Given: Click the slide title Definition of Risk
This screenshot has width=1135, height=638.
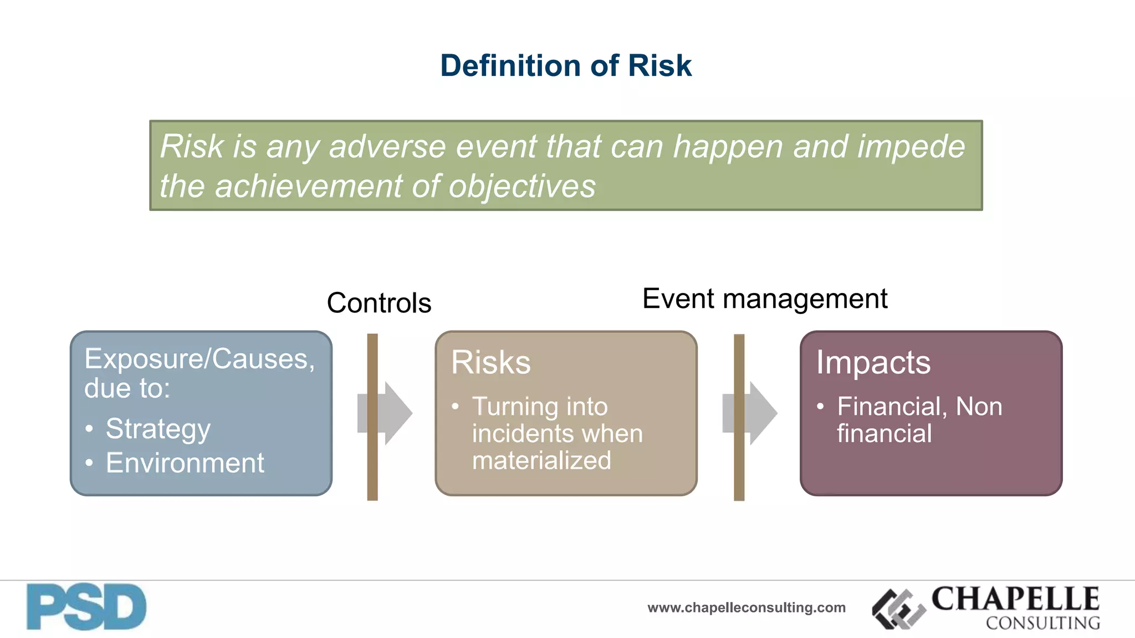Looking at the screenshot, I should [565, 65].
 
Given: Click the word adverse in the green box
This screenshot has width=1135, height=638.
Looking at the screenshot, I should [387, 147].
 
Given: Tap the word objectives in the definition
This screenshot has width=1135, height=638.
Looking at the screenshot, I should [522, 186].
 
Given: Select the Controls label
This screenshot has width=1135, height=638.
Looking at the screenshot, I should [379, 303].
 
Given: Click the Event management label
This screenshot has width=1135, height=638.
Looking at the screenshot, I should [764, 299].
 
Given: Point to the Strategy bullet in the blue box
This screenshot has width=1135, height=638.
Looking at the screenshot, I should [158, 429].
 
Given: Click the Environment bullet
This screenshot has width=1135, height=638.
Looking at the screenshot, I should [185, 463].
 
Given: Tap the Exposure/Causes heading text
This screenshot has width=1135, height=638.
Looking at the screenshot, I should [200, 359].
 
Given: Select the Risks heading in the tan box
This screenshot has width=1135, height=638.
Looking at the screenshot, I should [490, 362].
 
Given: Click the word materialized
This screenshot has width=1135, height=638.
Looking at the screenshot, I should [541, 461].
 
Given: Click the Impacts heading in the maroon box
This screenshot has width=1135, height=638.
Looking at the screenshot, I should [873, 363].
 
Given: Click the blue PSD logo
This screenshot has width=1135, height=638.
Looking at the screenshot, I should [86, 607].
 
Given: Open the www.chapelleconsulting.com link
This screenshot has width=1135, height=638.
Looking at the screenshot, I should [746, 608].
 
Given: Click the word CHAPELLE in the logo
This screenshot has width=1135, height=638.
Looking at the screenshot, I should [1015, 599].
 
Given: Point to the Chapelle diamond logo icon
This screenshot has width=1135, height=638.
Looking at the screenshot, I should [898, 609].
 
